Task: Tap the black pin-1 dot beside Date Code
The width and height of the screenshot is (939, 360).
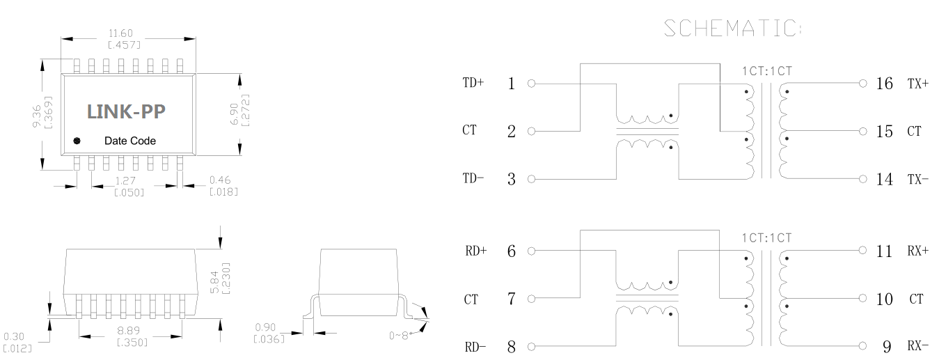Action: click(x=77, y=141)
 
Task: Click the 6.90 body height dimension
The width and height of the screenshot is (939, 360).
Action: click(x=234, y=112)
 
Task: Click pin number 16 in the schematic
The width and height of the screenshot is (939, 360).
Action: click(x=884, y=84)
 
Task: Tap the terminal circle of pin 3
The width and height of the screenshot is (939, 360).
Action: click(x=531, y=180)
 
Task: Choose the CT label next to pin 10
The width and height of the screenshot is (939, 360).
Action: click(x=916, y=299)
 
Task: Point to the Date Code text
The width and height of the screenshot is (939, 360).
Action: click(x=130, y=141)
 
